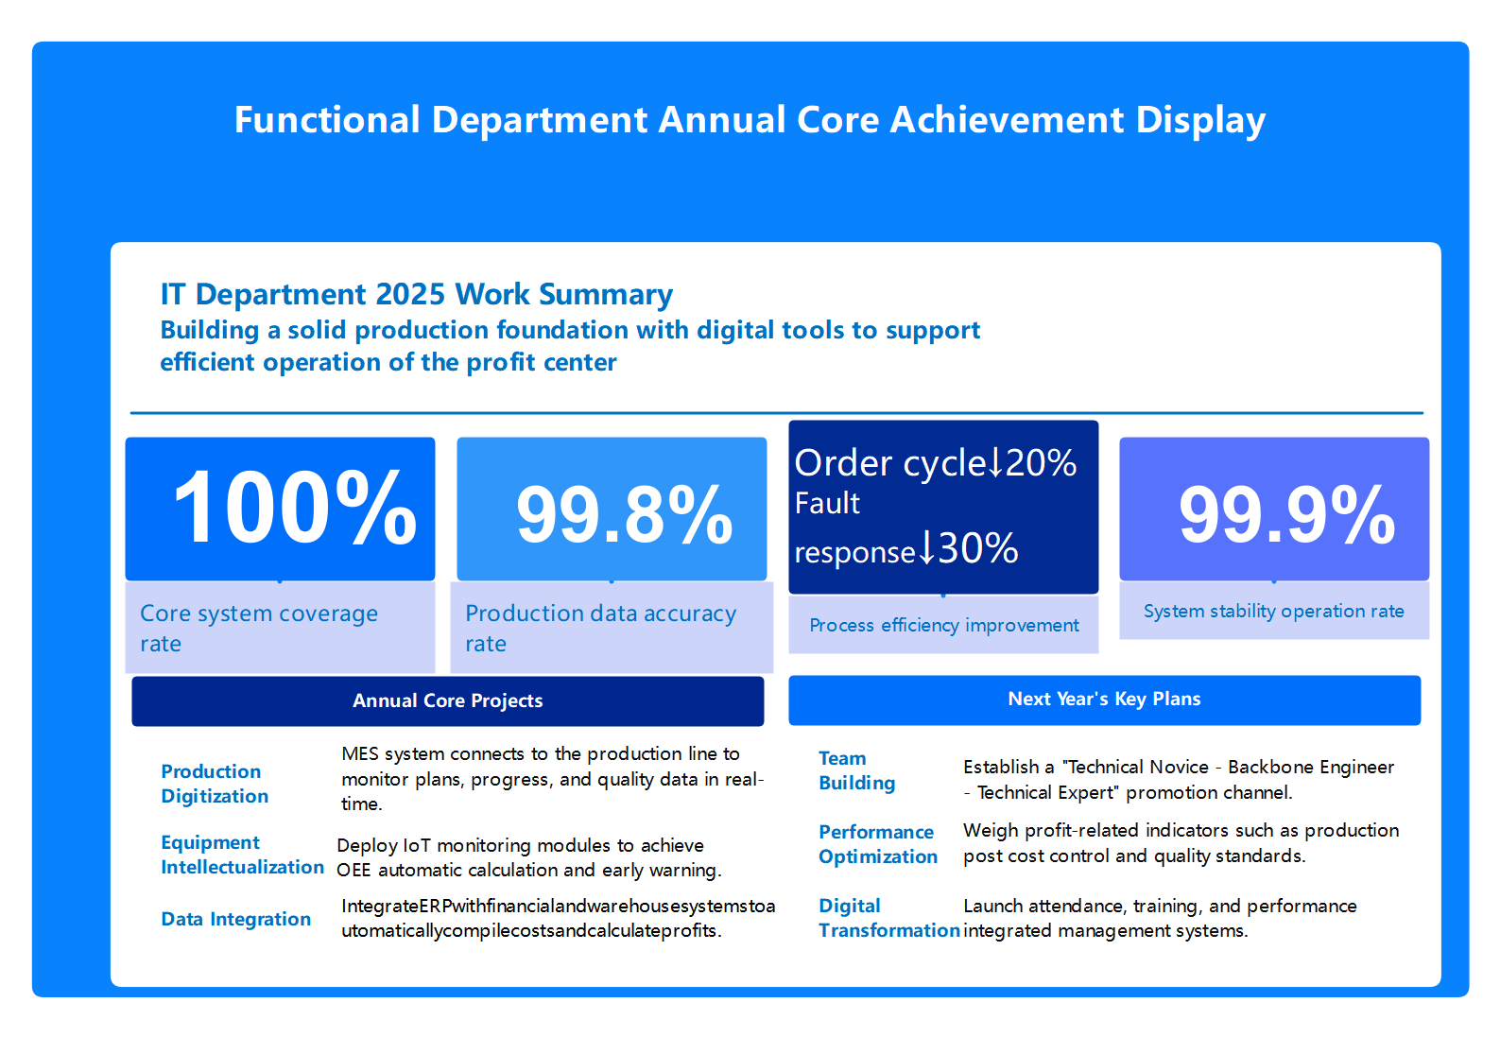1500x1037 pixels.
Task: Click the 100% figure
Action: tap(294, 509)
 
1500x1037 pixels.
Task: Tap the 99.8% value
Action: tap(624, 516)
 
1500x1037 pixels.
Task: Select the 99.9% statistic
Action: tap(1286, 516)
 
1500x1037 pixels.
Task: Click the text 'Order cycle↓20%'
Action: tap(935, 463)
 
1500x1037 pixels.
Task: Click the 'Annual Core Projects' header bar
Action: tap(447, 701)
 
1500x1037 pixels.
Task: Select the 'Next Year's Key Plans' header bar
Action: tap(1104, 700)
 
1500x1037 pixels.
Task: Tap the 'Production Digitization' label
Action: tap(215, 784)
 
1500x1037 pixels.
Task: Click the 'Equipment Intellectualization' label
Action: tap(242, 855)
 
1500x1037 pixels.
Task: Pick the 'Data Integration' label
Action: tap(235, 919)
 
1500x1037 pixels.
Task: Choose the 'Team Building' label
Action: tap(856, 770)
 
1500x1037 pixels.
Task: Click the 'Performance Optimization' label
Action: tap(877, 844)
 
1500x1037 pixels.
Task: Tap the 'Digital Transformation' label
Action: tap(888, 918)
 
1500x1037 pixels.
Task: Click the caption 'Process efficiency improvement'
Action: tap(943, 625)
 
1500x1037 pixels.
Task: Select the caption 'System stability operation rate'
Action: tap(1273, 611)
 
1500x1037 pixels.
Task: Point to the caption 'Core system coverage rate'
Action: tap(258, 628)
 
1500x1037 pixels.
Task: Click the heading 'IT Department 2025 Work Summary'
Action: tap(416, 294)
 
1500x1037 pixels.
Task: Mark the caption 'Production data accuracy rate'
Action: tap(599, 628)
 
